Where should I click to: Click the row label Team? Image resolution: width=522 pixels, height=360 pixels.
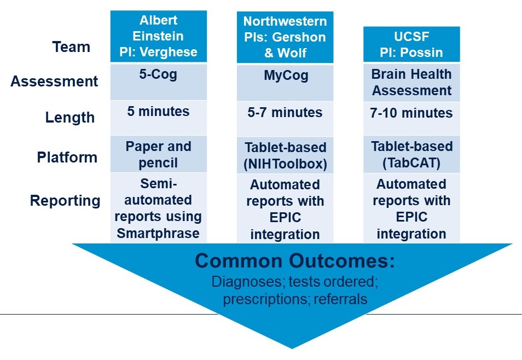click(x=71, y=47)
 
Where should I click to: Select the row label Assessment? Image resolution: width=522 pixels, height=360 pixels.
click(x=54, y=82)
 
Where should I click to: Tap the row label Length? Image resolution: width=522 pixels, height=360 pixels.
click(x=70, y=118)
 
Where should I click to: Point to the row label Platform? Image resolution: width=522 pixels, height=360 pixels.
click(x=67, y=157)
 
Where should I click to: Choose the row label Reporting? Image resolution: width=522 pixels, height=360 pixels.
click(x=65, y=201)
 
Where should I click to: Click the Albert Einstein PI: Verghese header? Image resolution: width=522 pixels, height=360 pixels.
click(x=159, y=36)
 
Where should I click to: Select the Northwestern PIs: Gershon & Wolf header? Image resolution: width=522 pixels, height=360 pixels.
click(x=285, y=37)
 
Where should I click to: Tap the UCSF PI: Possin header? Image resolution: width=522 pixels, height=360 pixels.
click(x=411, y=44)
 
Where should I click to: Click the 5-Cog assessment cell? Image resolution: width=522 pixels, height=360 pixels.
click(x=159, y=82)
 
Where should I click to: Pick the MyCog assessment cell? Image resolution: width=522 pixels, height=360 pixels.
click(x=285, y=83)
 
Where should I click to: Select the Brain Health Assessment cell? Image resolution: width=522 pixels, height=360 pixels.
click(x=411, y=82)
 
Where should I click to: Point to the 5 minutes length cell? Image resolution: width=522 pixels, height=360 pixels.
click(x=159, y=118)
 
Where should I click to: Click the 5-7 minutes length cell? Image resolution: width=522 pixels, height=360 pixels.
click(x=285, y=119)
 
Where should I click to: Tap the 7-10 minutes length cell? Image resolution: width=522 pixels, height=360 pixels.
click(x=411, y=119)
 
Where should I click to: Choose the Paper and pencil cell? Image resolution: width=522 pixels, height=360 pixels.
click(x=159, y=154)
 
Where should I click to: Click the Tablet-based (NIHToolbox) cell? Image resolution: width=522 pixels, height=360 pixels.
click(x=285, y=155)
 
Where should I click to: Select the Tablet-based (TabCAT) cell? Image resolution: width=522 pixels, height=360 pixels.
click(x=411, y=154)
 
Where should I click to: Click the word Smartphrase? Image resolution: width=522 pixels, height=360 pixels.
click(x=158, y=234)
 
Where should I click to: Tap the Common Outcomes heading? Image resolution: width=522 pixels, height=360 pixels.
click(x=295, y=261)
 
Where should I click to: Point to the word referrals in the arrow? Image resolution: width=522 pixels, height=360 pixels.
click(x=340, y=299)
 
